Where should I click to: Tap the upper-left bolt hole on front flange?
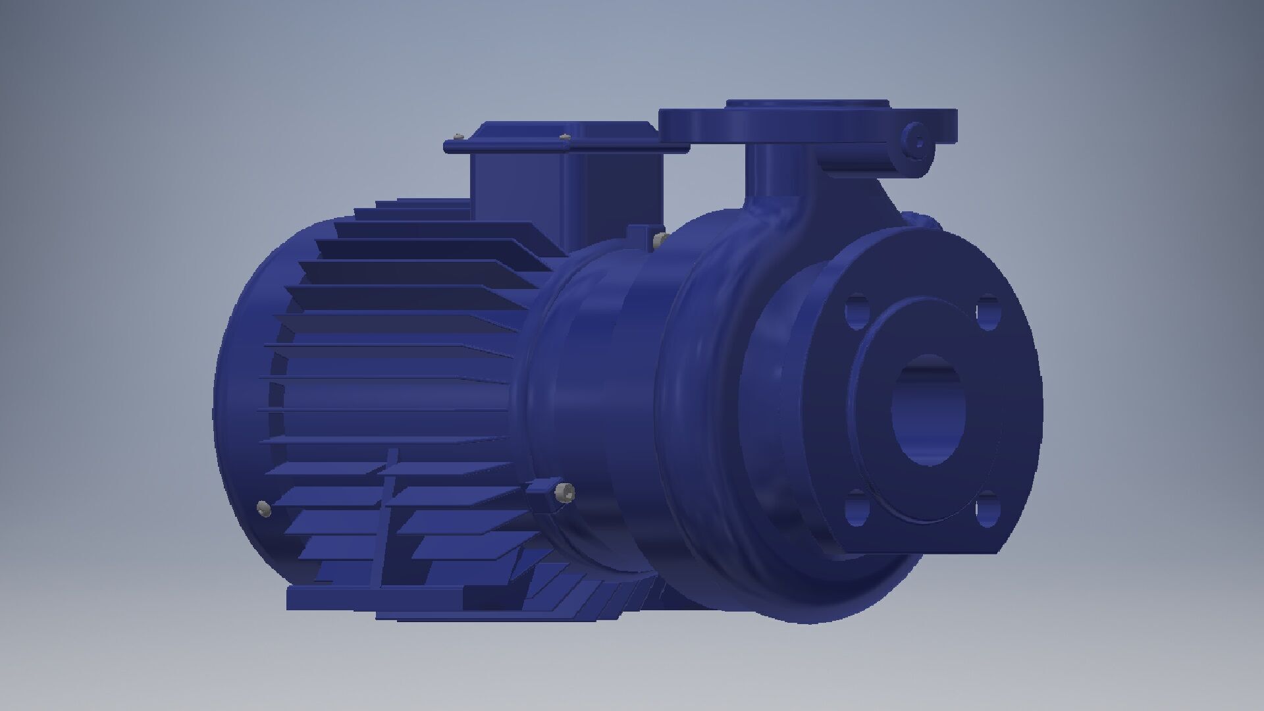pyautogui.click(x=856, y=313)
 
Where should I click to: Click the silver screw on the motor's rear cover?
pyautogui.click(x=264, y=508)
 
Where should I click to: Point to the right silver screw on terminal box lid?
pyautogui.click(x=564, y=137)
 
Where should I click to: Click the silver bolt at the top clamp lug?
pyautogui.click(x=660, y=238)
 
